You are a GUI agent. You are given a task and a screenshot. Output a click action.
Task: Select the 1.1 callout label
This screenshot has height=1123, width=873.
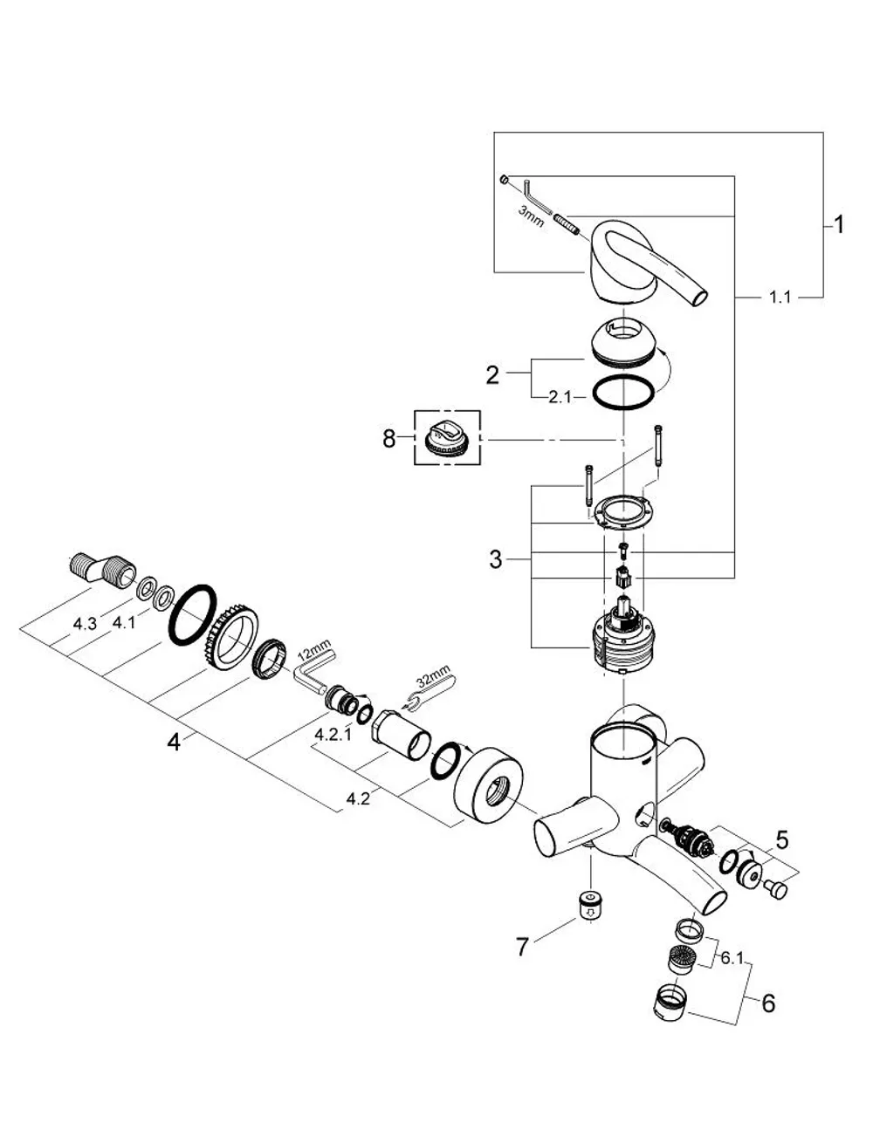pos(780,298)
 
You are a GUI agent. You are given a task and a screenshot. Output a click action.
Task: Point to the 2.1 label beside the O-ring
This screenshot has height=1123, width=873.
pos(560,397)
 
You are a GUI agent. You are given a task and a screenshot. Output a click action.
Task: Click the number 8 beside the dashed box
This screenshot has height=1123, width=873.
pos(388,439)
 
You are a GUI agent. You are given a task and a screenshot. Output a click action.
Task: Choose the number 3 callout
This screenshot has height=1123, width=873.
pos(495,559)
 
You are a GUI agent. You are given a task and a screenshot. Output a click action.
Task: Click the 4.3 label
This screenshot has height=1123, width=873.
pos(85,624)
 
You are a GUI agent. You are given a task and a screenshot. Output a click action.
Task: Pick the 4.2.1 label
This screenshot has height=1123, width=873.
pos(333,735)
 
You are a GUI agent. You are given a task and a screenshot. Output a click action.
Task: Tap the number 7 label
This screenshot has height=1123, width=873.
pos(523,948)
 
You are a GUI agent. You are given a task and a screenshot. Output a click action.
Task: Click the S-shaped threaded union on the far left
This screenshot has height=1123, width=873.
pos(102,571)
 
